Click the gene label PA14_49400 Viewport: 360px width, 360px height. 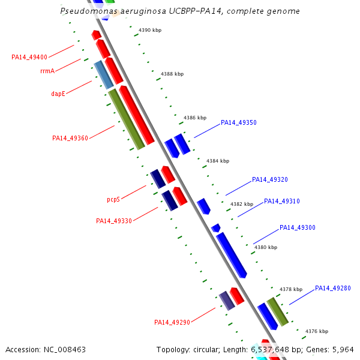(x=29, y=57)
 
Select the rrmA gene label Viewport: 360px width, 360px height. (x=47, y=71)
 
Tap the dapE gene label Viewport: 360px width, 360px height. (x=58, y=94)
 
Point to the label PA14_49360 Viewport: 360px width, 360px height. (x=70, y=138)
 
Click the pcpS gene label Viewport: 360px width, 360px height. (x=113, y=199)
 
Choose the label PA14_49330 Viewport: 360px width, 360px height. (x=114, y=221)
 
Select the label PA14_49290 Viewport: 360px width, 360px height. (x=172, y=322)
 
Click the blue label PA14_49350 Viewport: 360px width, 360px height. (x=239, y=122)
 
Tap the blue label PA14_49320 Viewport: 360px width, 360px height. (x=270, y=179)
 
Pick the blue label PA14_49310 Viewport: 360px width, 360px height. (x=282, y=201)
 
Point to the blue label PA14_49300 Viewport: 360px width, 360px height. (x=298, y=227)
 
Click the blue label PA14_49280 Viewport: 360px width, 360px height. (x=333, y=288)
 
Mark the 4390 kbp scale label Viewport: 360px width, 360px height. (x=150, y=30)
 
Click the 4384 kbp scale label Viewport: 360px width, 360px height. (x=218, y=161)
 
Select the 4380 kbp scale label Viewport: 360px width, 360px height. (x=266, y=247)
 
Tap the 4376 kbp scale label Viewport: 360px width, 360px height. (x=317, y=331)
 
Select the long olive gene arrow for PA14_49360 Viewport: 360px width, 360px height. (x=126, y=119)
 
